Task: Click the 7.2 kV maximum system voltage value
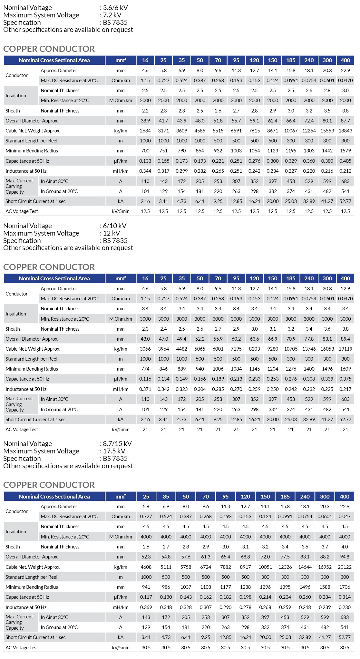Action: point(112,15)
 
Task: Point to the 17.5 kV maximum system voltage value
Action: point(114,451)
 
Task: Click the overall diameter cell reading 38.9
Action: point(145,121)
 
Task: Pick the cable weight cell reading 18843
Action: point(345,131)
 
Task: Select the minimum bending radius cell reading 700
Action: point(145,151)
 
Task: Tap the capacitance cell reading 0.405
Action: point(345,161)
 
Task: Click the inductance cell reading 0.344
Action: point(145,171)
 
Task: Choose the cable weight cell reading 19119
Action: point(345,349)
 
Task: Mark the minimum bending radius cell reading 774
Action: point(145,369)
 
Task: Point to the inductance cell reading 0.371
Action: point(145,389)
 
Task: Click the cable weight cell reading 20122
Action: point(345,567)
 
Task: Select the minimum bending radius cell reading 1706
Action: point(345,587)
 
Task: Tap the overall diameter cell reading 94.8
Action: point(345,557)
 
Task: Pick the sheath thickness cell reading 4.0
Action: point(345,547)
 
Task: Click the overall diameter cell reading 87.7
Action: point(345,121)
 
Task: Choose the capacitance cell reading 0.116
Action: point(145,379)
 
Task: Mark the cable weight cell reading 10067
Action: point(291,131)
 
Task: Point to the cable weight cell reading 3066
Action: point(145,349)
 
